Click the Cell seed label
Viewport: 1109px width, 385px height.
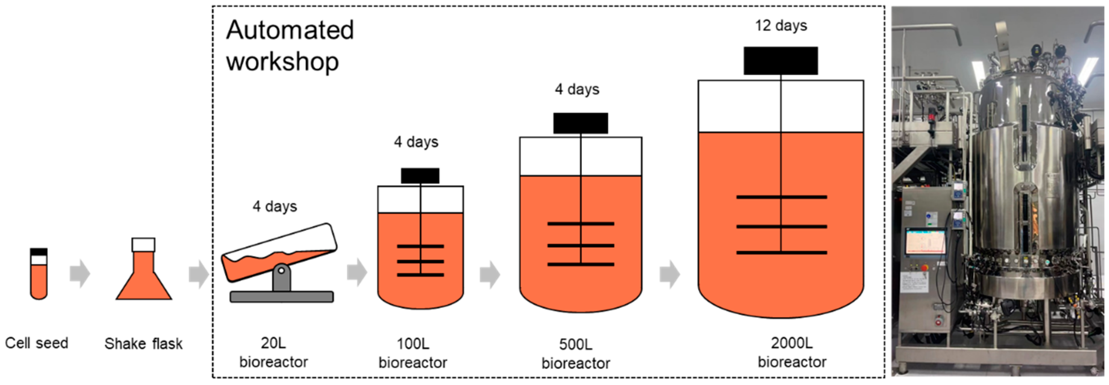tap(37, 343)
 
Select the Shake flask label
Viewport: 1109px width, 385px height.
tap(143, 344)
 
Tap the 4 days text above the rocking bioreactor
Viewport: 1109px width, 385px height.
tap(275, 206)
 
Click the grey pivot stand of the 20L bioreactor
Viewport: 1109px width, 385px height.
tap(281, 278)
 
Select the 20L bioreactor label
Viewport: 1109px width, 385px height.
tap(274, 352)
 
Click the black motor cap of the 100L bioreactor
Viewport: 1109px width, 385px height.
tap(420, 176)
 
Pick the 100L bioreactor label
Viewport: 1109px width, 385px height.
tap(412, 353)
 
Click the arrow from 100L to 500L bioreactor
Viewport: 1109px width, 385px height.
tap(490, 274)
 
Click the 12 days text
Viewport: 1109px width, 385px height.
tap(780, 26)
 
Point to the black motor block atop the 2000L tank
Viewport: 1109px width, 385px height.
tap(780, 61)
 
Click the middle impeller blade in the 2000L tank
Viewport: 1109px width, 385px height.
tap(781, 227)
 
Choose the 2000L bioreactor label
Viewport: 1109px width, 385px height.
tap(792, 352)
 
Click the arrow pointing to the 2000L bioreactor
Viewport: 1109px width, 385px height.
tap(669, 274)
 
